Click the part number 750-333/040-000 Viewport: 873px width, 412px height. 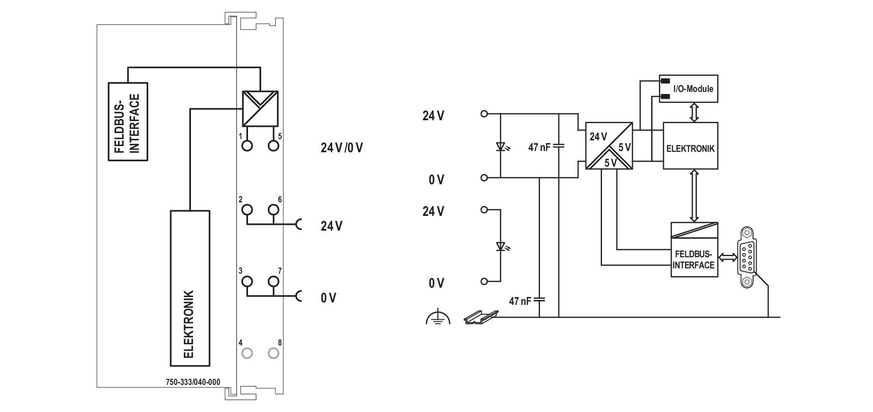[x=193, y=382]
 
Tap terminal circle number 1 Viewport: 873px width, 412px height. [x=247, y=145]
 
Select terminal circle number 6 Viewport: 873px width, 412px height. [x=273, y=210]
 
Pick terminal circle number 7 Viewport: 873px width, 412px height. [x=273, y=282]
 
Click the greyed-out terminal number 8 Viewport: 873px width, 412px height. [x=273, y=353]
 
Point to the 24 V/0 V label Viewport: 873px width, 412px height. [x=342, y=148]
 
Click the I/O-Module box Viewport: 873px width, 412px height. [x=689, y=88]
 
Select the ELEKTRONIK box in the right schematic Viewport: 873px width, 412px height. [x=691, y=145]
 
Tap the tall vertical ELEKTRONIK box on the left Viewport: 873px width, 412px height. [x=190, y=288]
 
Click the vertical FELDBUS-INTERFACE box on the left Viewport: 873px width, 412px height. [x=128, y=121]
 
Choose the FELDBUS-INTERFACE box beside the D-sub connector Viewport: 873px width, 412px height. [x=694, y=249]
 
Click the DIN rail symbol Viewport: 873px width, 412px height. [x=481, y=317]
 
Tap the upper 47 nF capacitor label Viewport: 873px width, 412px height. [x=539, y=147]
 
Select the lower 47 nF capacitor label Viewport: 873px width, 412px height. [x=520, y=301]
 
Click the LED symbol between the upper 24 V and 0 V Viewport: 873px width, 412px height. [x=502, y=146]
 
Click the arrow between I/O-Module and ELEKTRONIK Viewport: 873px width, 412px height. [x=694, y=112]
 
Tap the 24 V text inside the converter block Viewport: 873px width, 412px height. [x=598, y=137]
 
